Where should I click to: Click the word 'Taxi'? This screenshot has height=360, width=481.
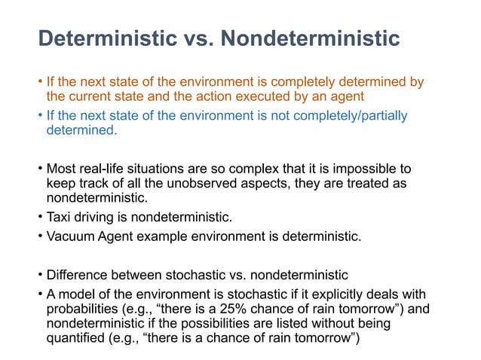pyautogui.click(x=60, y=218)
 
